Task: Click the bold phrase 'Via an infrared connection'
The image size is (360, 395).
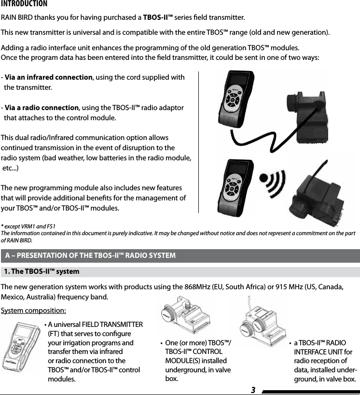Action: click(48, 78)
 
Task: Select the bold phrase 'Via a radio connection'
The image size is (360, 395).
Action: click(42, 107)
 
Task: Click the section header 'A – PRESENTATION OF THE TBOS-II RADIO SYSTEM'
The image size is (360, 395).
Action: click(90, 255)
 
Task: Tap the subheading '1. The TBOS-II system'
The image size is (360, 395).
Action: click(42, 271)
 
